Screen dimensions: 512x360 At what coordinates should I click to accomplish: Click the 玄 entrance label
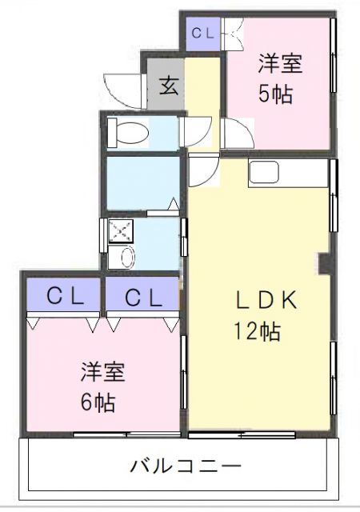point(169,84)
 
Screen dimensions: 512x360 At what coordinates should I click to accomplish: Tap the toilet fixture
point(126,133)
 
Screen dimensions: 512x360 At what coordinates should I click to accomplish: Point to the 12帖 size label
point(257,330)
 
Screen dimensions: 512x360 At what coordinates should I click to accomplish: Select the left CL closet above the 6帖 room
point(64,297)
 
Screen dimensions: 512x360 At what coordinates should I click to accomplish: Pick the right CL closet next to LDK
point(143,297)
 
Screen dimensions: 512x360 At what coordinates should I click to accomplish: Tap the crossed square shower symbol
point(122,233)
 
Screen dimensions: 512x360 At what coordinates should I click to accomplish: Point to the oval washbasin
point(126,257)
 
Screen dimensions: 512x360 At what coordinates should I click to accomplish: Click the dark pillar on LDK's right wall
point(324,263)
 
